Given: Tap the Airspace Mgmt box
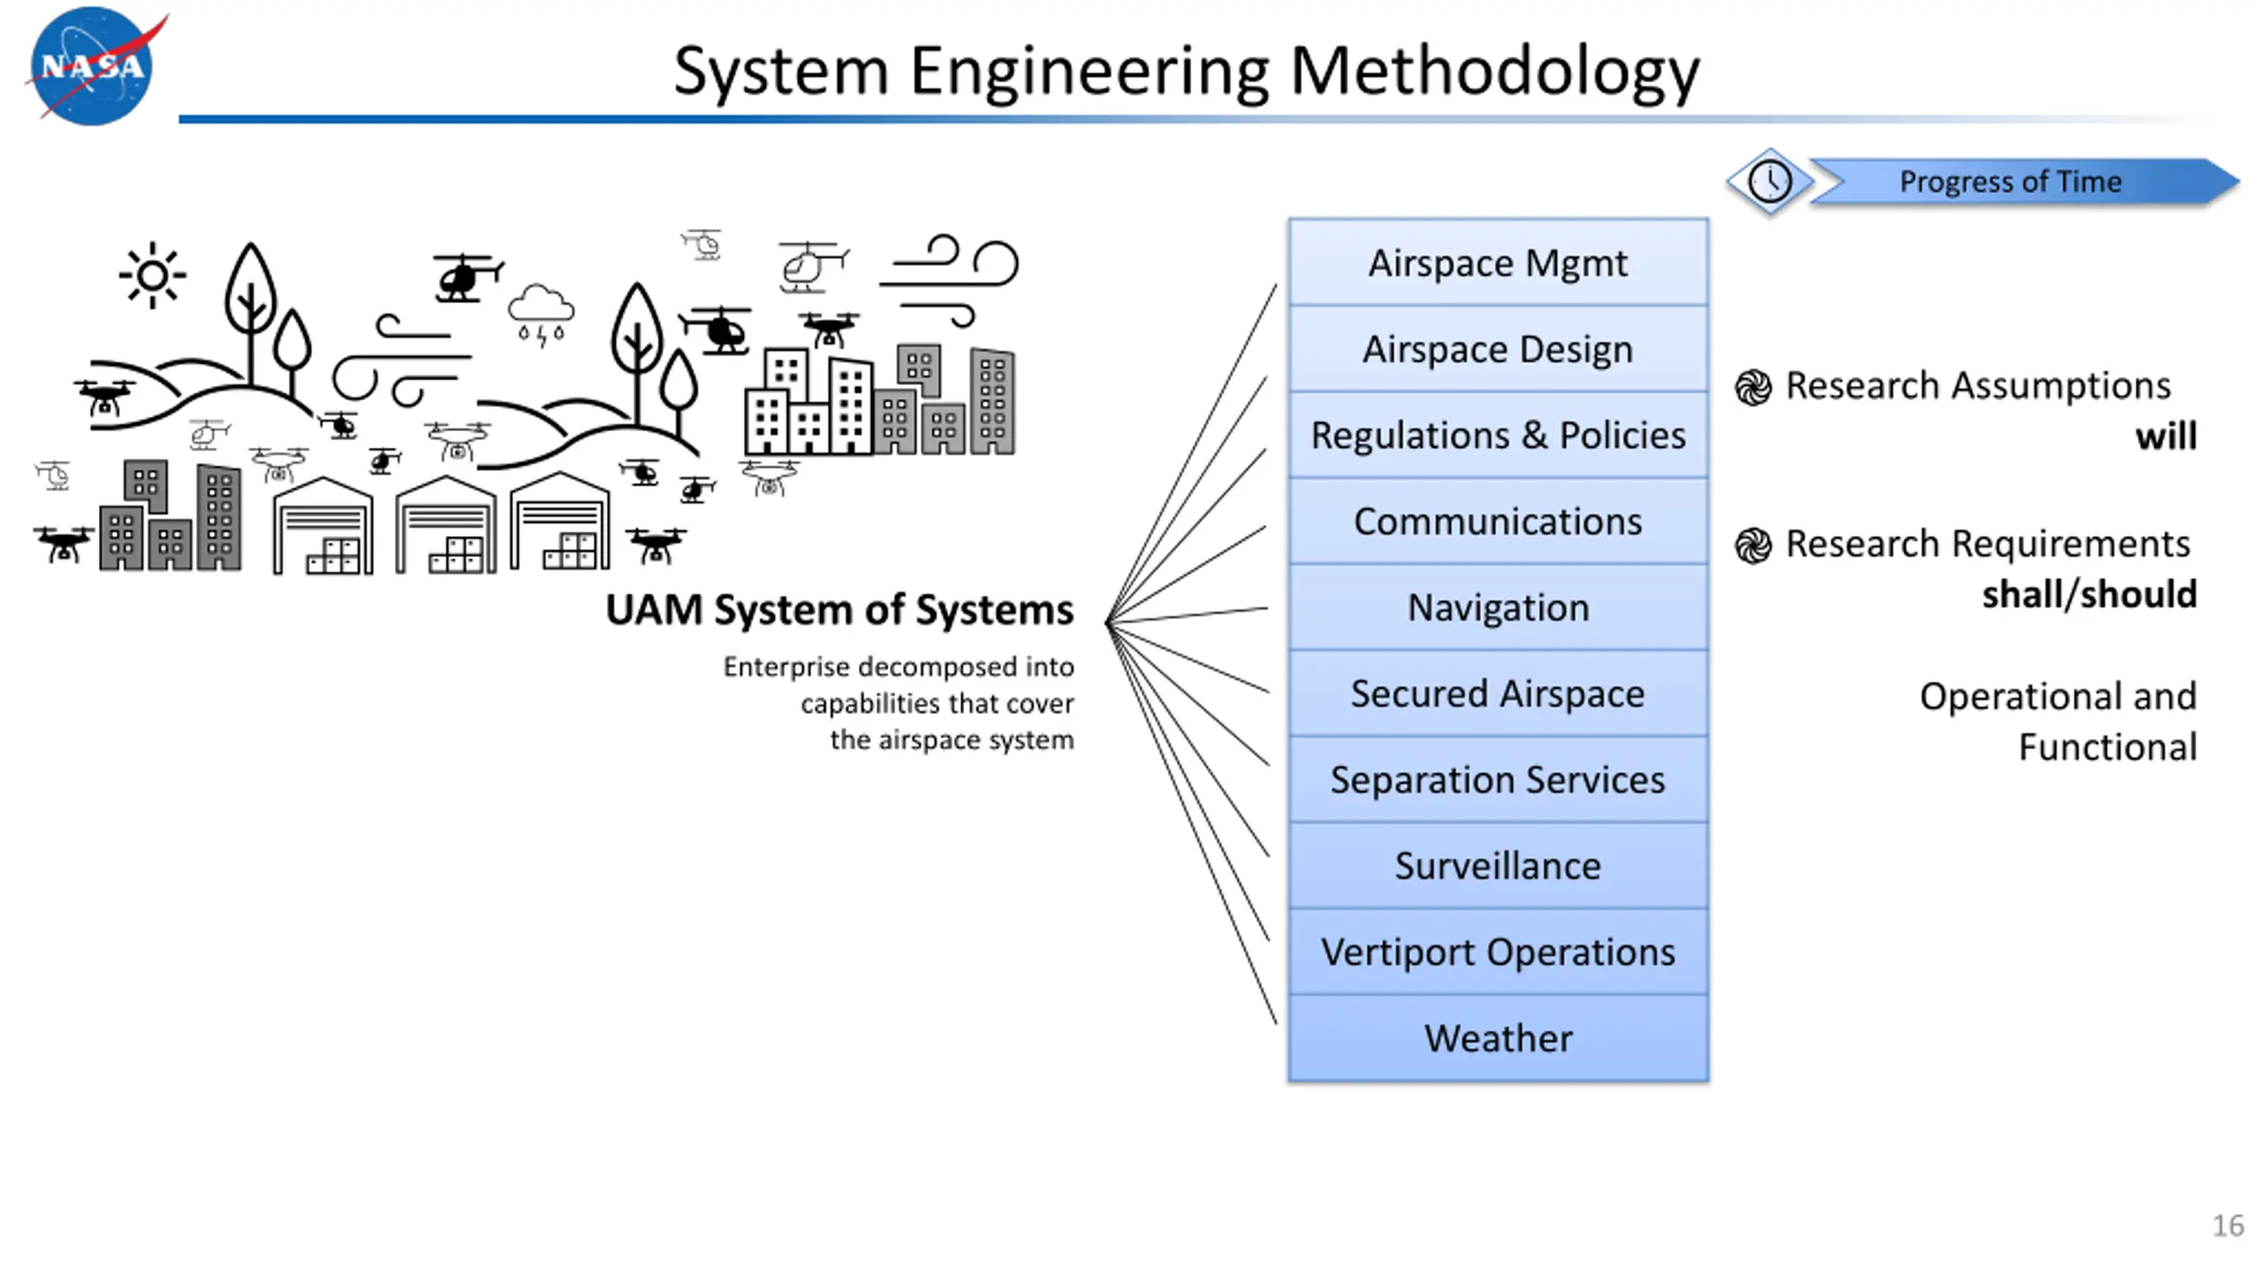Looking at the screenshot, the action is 1498,262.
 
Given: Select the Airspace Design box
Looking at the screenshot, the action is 1498,349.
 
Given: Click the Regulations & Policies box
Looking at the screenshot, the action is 1498,435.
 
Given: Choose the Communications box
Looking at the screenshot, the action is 1498,521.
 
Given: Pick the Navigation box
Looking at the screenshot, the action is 1498,607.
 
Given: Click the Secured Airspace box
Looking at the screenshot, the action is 1498,693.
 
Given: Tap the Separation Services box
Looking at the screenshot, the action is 1498,779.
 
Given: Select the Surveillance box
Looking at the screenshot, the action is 1498,866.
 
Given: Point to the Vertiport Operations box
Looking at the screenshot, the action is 1498,951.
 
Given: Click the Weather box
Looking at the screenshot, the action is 1498,1038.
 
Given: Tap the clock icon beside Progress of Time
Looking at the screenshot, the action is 1770,182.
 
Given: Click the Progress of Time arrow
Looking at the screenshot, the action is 2023,182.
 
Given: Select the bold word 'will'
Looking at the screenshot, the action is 2166,436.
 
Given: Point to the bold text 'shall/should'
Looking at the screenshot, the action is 2089,594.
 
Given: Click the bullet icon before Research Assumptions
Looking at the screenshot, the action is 1753,387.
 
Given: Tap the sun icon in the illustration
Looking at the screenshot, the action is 153,276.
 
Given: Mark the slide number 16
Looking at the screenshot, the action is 2228,1226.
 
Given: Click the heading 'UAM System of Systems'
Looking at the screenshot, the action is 839,609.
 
